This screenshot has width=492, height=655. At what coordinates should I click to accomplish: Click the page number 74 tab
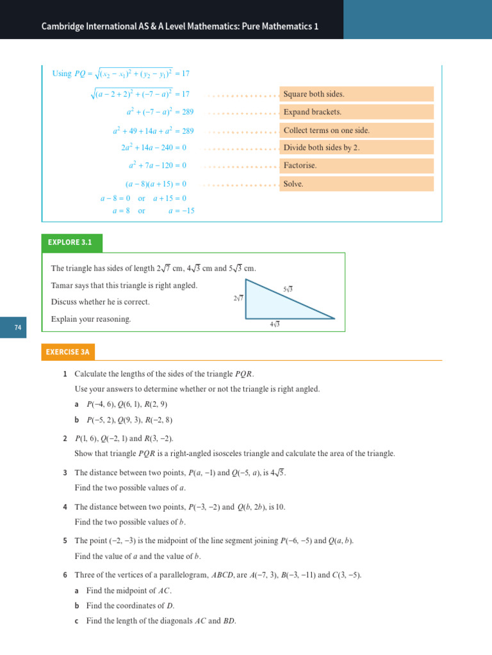coord(18,328)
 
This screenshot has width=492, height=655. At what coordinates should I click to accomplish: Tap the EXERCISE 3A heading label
coord(70,352)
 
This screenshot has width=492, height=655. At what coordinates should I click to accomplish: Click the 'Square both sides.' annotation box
coord(357,94)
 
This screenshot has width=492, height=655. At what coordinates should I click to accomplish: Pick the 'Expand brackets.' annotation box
coord(357,112)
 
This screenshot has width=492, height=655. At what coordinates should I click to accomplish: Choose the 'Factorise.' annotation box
coord(357,166)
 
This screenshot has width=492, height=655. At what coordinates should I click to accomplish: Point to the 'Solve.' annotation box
coord(357,184)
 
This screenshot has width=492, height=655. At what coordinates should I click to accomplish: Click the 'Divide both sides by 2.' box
coord(357,148)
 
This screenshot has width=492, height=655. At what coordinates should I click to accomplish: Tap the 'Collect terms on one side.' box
coord(357,130)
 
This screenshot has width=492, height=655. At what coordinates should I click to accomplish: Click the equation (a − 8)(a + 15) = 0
coord(156,184)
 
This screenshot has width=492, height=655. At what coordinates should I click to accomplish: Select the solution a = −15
coord(181,210)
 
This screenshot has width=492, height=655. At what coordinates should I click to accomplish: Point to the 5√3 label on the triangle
coord(288,290)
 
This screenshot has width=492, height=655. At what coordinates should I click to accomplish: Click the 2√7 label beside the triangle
coord(238,298)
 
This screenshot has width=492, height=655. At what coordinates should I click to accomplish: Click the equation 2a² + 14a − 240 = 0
coord(154,148)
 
